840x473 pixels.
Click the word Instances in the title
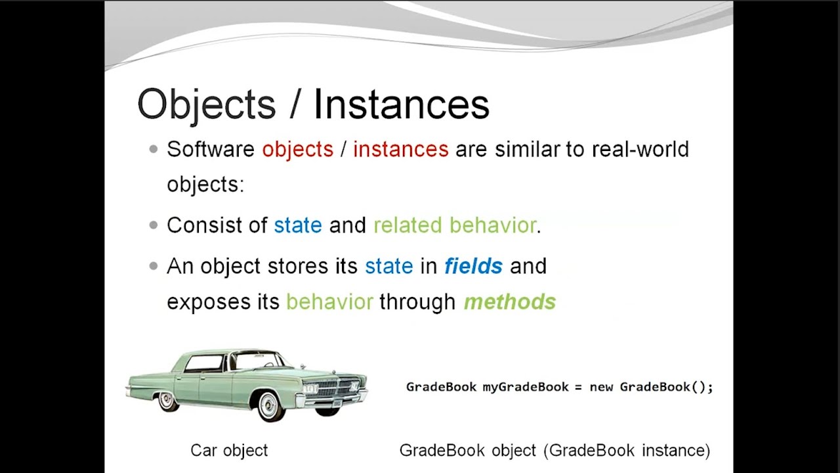(401, 104)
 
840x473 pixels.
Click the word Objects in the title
(206, 104)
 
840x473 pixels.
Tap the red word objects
(297, 149)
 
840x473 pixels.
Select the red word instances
(400, 149)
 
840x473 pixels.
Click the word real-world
(640, 149)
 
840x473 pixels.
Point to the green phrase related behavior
(455, 225)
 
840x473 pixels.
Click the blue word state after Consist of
(298, 225)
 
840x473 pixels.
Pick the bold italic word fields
(473, 266)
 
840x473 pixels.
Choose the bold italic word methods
(509, 302)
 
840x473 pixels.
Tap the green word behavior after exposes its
(329, 302)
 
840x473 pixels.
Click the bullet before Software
(154, 150)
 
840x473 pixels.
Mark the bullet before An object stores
(154, 267)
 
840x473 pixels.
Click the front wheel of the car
(270, 405)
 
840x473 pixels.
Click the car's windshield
(259, 360)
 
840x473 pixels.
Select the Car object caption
(229, 451)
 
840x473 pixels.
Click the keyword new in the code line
(600, 387)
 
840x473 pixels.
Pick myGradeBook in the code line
(525, 387)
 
